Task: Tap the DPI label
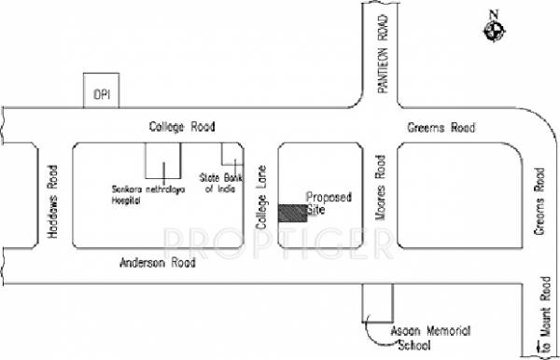[x=100, y=95]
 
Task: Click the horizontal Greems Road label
[x=442, y=128]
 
